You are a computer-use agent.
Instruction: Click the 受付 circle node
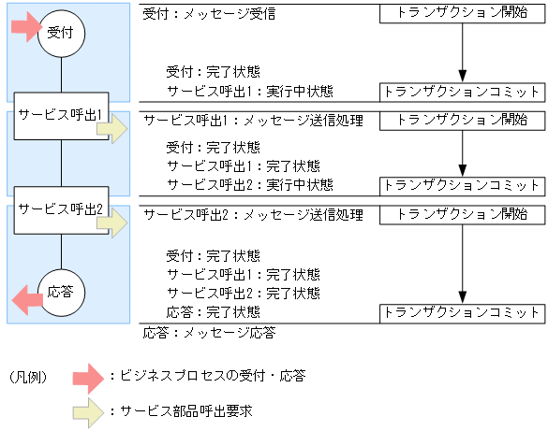click(x=62, y=33)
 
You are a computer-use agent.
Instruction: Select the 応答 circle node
click(x=62, y=293)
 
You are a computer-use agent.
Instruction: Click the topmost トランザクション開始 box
click(x=462, y=15)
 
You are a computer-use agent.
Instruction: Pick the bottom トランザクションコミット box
click(x=462, y=312)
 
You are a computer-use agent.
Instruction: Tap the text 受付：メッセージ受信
click(x=209, y=15)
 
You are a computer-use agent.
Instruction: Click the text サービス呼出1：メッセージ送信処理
click(x=252, y=121)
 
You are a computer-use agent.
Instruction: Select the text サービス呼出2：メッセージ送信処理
click(x=252, y=215)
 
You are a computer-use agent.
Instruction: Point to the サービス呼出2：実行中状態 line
click(x=249, y=183)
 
